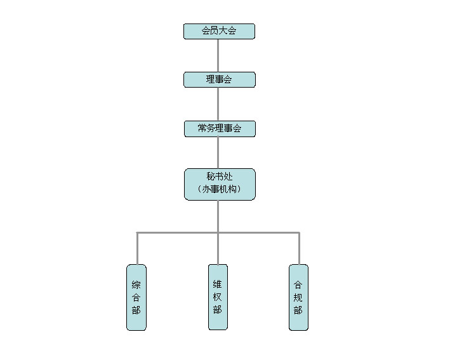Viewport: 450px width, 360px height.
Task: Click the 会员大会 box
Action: (x=219, y=31)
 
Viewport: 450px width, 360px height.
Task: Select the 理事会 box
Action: (x=220, y=79)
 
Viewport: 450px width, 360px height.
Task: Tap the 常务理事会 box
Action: (x=220, y=129)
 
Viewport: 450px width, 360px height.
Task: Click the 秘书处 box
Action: (x=220, y=184)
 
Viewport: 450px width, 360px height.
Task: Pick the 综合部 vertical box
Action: (x=136, y=297)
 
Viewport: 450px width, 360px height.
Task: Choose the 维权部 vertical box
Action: (x=218, y=297)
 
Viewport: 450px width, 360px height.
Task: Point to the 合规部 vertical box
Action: (x=298, y=297)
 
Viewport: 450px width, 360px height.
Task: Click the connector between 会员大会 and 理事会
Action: (x=218, y=55)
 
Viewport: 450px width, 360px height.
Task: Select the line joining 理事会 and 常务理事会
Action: (x=218, y=104)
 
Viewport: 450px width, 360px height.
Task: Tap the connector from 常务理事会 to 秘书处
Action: (x=218, y=152)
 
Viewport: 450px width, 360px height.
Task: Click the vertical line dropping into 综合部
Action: (x=138, y=248)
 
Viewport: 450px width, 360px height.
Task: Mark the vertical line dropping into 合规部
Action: (x=299, y=248)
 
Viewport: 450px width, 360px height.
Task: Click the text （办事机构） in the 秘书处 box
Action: (x=220, y=189)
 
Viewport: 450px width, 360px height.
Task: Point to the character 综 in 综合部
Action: (x=136, y=285)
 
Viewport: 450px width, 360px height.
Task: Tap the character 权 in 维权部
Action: (x=218, y=297)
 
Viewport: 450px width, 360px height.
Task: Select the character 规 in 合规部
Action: (x=298, y=297)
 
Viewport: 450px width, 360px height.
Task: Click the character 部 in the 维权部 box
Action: (x=218, y=309)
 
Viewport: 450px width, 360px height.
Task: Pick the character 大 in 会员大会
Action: (x=223, y=30)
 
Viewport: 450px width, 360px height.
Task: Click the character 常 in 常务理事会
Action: (x=202, y=128)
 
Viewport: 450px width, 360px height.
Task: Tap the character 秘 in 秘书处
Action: (x=211, y=176)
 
